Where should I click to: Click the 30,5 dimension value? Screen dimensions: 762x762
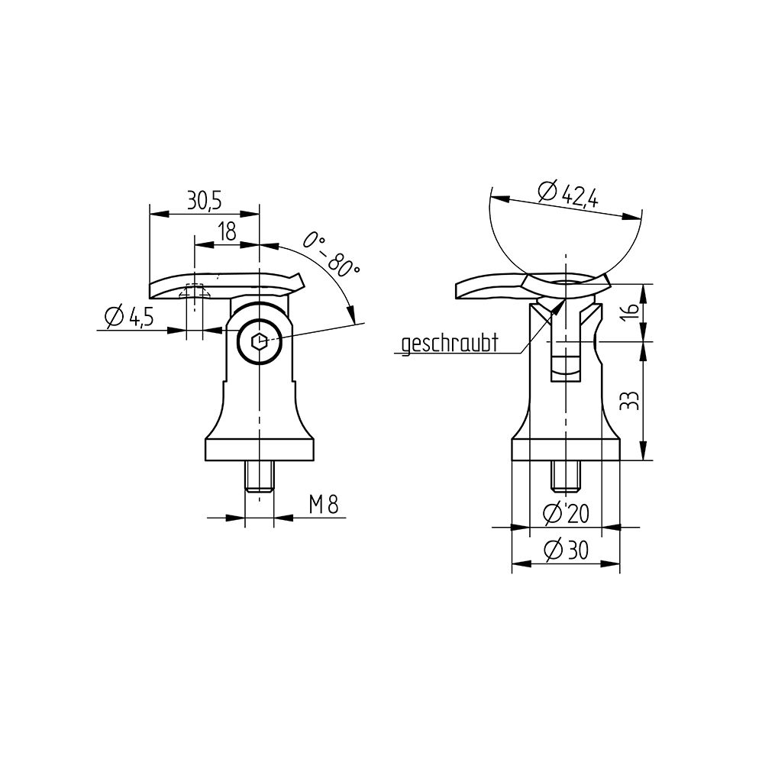point(204,201)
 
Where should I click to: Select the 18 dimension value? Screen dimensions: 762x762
point(227,232)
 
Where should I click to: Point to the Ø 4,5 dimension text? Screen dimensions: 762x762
point(129,318)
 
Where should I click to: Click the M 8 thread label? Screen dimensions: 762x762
point(324,505)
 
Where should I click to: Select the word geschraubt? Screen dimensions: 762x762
point(450,344)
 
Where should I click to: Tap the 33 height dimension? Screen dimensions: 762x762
point(631,400)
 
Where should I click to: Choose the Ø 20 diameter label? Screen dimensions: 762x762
point(566,514)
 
